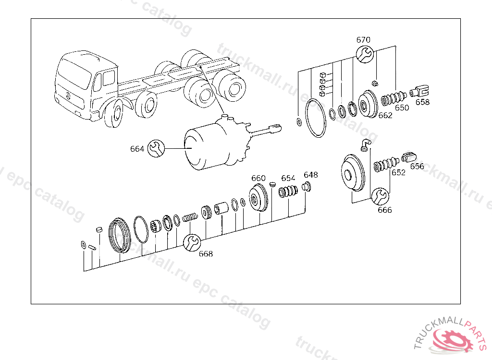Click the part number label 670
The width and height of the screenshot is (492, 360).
(363, 40)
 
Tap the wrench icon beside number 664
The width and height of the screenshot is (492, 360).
(156, 148)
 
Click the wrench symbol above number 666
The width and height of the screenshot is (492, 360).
(381, 196)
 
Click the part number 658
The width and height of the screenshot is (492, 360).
(423, 102)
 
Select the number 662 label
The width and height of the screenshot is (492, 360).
(385, 115)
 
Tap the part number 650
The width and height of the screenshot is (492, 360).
(402, 108)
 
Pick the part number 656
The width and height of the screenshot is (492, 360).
(417, 166)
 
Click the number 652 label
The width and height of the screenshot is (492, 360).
(398, 173)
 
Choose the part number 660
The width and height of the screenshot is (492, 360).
(258, 179)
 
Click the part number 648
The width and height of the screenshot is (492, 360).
(310, 175)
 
